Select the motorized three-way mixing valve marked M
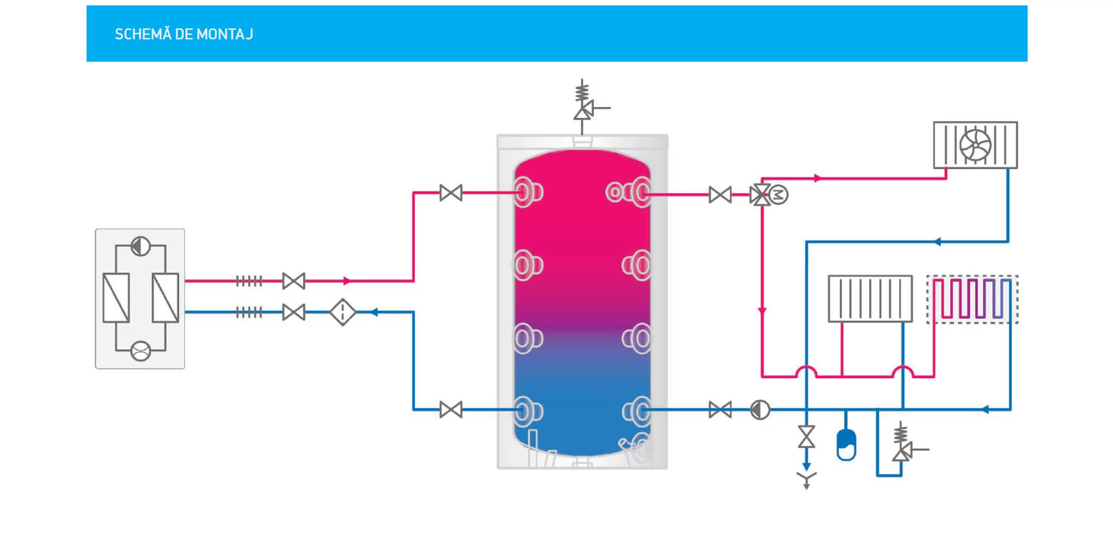click(x=761, y=195)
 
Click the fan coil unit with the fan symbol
click(x=975, y=145)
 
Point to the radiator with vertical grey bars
click(x=870, y=299)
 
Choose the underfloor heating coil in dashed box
click(x=972, y=299)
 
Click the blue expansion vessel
click(x=846, y=444)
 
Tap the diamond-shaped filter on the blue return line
click(x=342, y=312)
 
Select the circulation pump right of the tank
click(x=760, y=410)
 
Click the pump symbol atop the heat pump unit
click(x=140, y=246)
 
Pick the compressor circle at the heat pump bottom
click(x=140, y=351)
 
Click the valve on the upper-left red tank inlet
click(x=451, y=193)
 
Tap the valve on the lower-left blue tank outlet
click(x=451, y=410)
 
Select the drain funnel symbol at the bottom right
click(x=806, y=478)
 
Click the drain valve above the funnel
click(x=806, y=437)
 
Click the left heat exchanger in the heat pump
click(x=116, y=298)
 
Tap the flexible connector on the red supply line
click(x=249, y=281)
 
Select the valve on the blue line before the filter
click(x=293, y=312)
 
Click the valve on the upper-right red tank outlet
click(x=720, y=195)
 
